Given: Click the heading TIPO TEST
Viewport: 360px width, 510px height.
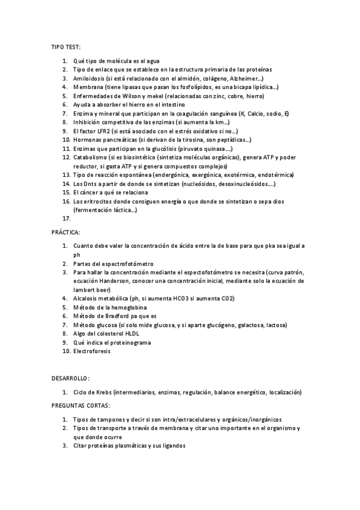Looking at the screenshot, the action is pos(66,46).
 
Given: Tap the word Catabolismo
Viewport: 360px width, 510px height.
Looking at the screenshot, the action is pos(91,157).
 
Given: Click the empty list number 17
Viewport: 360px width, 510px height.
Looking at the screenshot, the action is pos(67,219).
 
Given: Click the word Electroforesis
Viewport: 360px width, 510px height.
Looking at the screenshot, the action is pos(92,351).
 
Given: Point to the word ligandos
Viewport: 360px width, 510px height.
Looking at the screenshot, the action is pos(173,446).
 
